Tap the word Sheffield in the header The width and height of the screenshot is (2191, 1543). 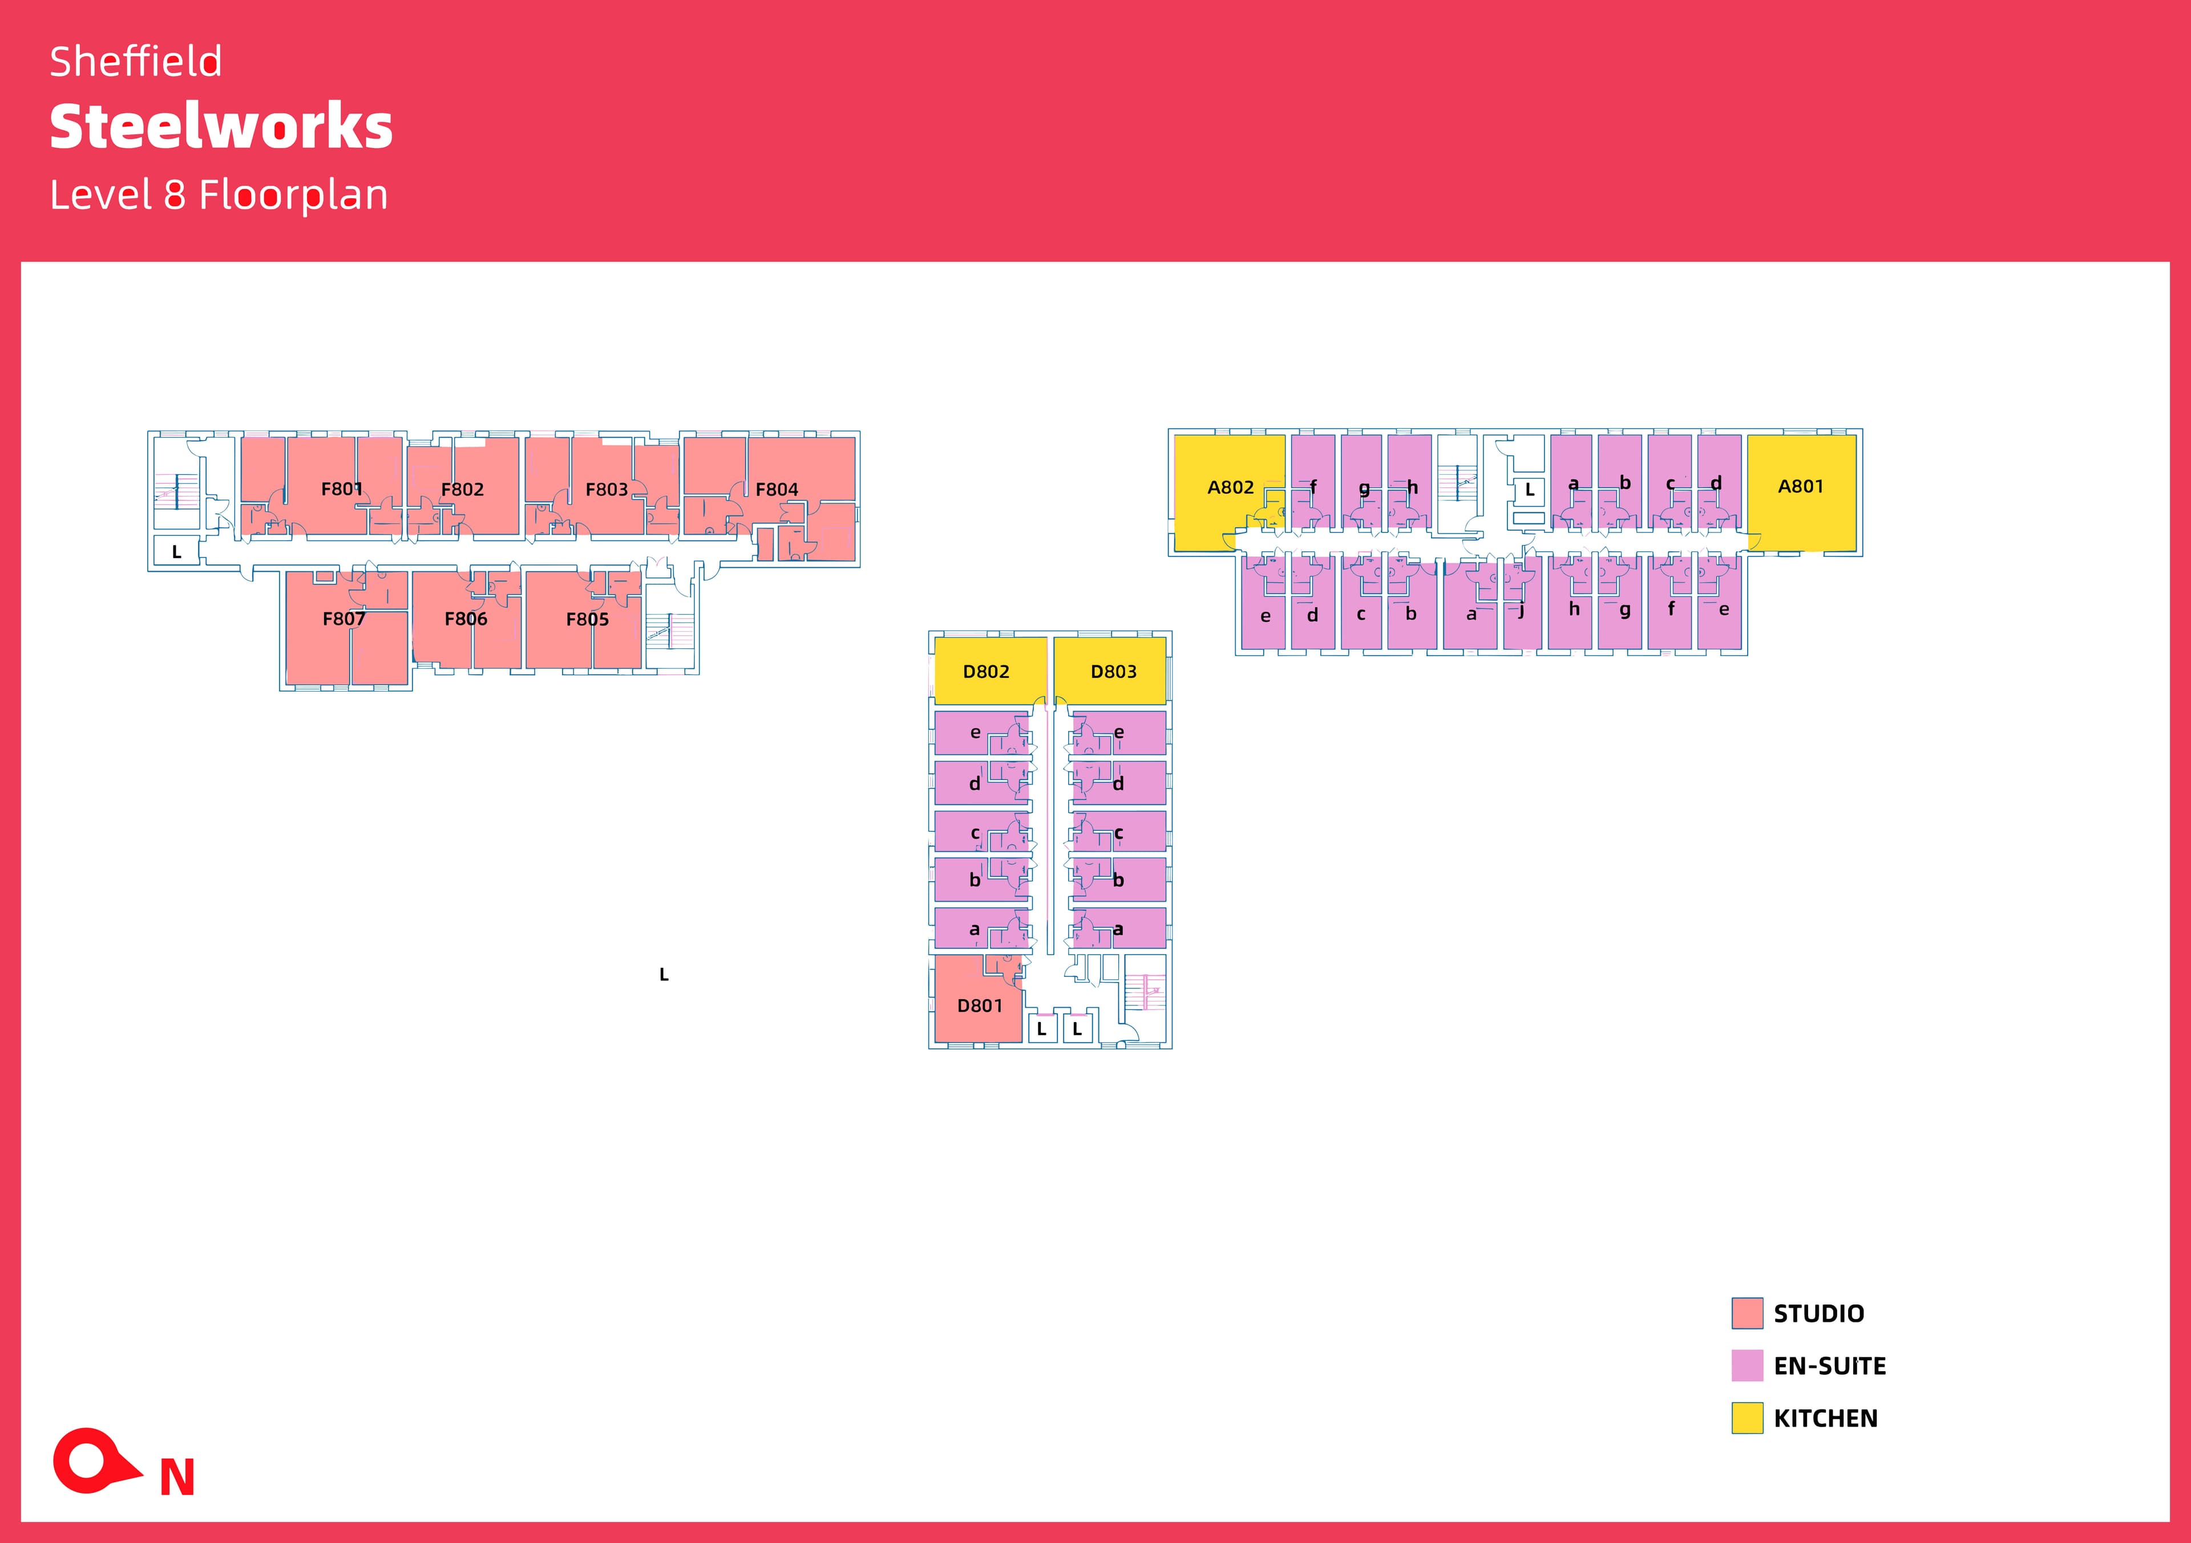135,62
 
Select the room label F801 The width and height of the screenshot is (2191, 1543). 342,490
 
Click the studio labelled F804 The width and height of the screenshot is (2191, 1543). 777,490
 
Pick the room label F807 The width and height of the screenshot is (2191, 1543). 343,619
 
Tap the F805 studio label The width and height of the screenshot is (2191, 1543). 587,619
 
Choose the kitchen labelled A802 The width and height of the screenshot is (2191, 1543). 1230,488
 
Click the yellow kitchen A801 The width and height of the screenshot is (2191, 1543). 1801,487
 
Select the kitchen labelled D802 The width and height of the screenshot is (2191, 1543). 986,672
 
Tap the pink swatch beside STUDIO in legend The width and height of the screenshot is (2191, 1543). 1747,1313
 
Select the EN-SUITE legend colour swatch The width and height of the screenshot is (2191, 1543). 1747,1366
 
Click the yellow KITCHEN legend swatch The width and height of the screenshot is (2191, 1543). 1747,1418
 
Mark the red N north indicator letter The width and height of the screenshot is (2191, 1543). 177,1478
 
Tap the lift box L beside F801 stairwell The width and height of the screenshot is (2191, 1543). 176,552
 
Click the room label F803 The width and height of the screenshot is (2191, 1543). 606,490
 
